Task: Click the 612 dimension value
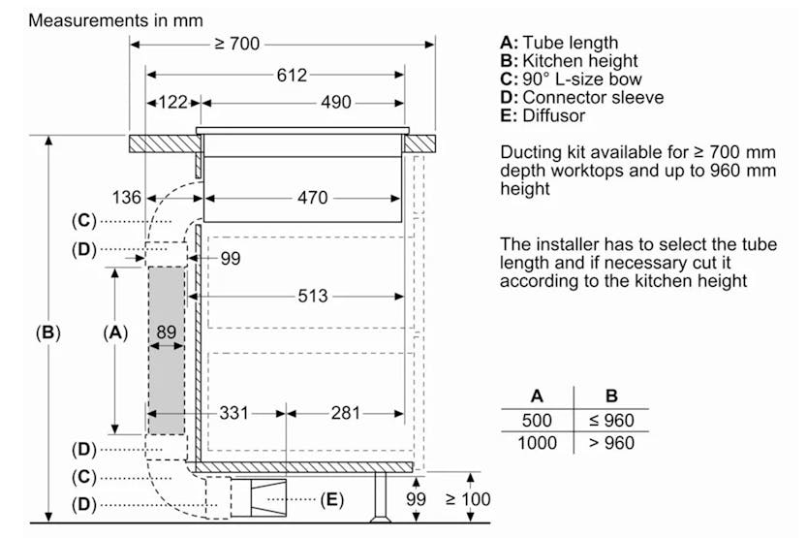tap(290, 75)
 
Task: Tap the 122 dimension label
tap(172, 103)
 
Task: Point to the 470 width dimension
tap(311, 198)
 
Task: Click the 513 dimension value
tap(312, 295)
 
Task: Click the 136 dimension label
tap(125, 198)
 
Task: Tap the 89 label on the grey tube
tap(168, 332)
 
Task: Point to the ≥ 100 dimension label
tap(468, 500)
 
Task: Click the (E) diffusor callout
tap(330, 500)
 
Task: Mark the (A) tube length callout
tap(115, 332)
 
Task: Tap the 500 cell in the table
tap(537, 421)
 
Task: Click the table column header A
tap(537, 396)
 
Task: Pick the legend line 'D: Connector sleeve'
tap(581, 98)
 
